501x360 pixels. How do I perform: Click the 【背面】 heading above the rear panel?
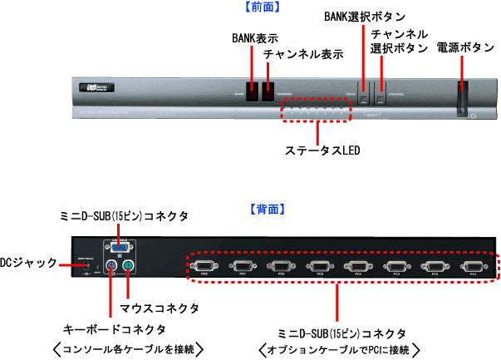click(x=267, y=210)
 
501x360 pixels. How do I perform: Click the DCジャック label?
click(x=28, y=263)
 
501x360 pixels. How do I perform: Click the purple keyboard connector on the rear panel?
click(x=112, y=267)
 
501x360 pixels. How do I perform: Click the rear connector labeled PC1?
click(x=473, y=267)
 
